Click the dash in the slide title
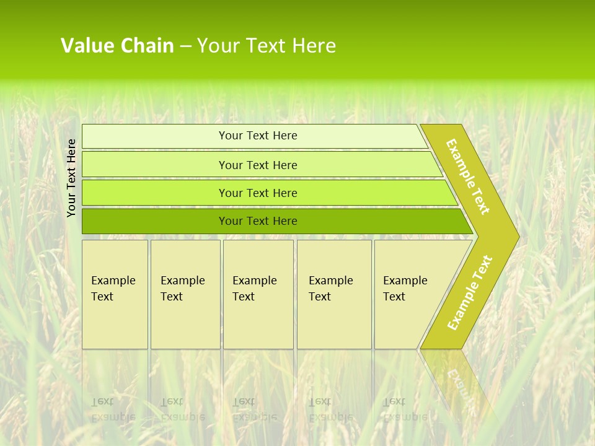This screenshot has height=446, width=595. tap(185, 46)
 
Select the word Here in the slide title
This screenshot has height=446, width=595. tap(314, 46)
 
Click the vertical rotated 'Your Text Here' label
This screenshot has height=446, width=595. tap(71, 178)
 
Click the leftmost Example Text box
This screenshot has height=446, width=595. tap(115, 294)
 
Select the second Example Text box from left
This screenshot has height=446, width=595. tap(185, 294)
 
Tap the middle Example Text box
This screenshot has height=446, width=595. tap(258, 294)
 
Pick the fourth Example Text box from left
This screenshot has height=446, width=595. tap(334, 294)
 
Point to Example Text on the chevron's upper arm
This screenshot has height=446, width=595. tap(468, 177)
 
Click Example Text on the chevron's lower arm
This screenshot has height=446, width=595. tap(470, 292)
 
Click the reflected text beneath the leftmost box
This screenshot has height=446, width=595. tap(113, 409)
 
